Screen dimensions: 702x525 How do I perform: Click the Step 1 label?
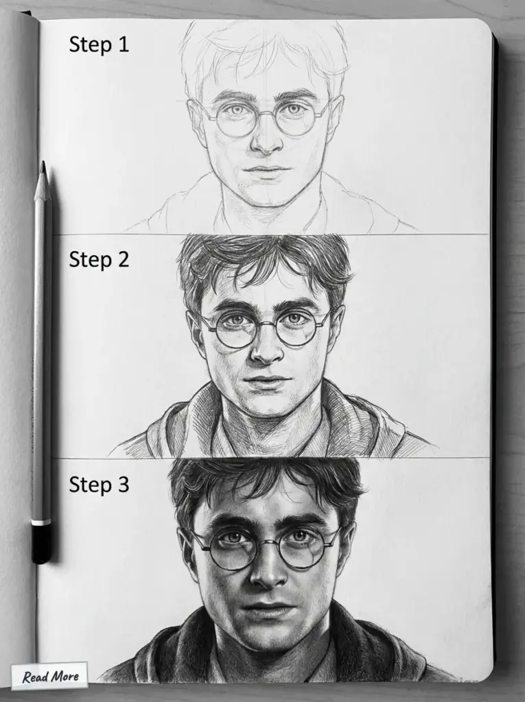[x=99, y=45]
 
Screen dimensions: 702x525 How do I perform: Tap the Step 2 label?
[x=99, y=259]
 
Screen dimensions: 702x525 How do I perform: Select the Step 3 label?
[x=99, y=484]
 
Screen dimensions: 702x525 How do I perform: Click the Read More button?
[x=50, y=677]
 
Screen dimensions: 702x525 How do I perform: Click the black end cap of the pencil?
[x=41, y=544]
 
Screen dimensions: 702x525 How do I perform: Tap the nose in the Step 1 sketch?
[x=266, y=141]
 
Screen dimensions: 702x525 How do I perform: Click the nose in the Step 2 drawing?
[x=266, y=351]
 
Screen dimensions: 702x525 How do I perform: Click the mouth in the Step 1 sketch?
[x=266, y=169]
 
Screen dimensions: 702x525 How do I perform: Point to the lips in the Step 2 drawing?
[x=266, y=380]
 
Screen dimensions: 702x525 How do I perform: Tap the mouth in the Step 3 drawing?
[x=268, y=609]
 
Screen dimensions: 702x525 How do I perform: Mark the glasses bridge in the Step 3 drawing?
[x=268, y=542]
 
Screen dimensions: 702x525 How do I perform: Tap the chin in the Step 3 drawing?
[x=269, y=641]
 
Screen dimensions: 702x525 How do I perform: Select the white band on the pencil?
[x=41, y=522]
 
